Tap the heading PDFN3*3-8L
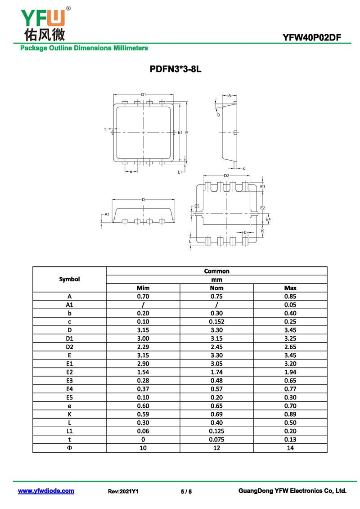(x=179, y=70)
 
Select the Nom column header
(x=216, y=288)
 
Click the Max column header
(x=290, y=288)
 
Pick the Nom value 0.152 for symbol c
(x=216, y=321)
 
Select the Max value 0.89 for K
(x=290, y=414)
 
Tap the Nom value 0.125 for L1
(x=216, y=431)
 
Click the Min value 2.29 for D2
(x=143, y=347)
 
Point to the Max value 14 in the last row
(x=290, y=448)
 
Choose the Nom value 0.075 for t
(x=216, y=439)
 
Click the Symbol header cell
(x=69, y=279)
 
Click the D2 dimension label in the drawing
(x=226, y=176)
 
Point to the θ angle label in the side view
(x=219, y=115)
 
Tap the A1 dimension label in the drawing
(x=107, y=215)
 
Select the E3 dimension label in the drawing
(x=263, y=186)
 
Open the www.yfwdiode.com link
(x=46, y=491)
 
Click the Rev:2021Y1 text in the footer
(x=123, y=491)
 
